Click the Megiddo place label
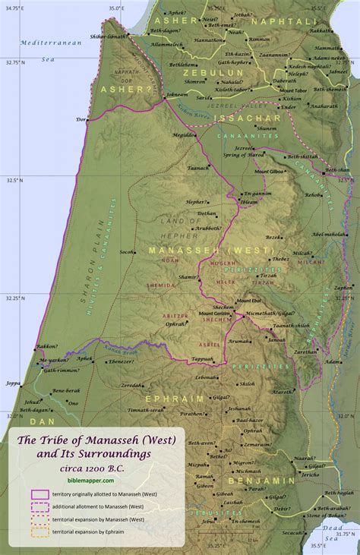click(x=182, y=134)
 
